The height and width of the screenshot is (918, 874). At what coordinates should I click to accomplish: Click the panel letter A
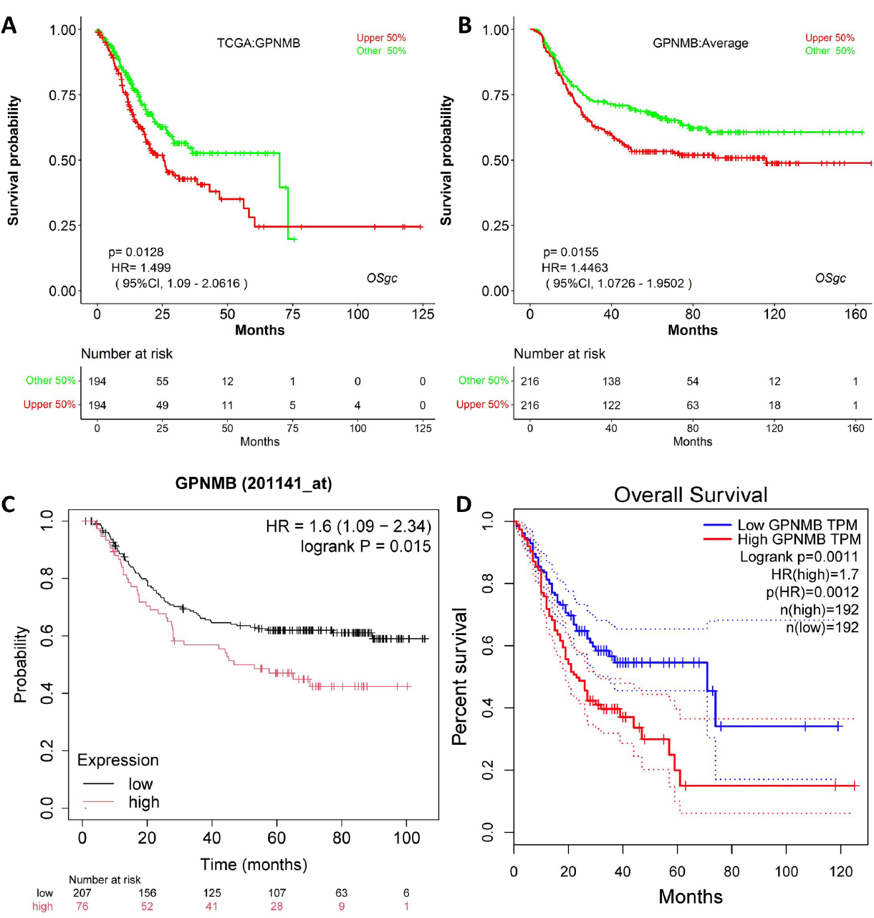click(x=9, y=25)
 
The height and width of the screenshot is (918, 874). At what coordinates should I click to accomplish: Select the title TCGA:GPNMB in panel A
click(x=259, y=43)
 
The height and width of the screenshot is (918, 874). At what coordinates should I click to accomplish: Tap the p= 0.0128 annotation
click(x=136, y=252)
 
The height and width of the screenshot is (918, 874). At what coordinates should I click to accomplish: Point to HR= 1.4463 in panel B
click(x=575, y=268)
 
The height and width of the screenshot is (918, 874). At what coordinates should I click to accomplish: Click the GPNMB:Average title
click(x=700, y=43)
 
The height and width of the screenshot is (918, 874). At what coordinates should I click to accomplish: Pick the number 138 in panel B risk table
click(x=611, y=381)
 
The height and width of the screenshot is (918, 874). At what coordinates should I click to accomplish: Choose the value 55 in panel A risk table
click(x=163, y=381)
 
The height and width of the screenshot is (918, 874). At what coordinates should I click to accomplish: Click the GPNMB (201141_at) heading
click(x=254, y=483)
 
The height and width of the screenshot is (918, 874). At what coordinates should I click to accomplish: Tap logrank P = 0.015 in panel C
click(x=365, y=546)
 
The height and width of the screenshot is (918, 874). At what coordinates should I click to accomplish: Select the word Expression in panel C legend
click(x=118, y=760)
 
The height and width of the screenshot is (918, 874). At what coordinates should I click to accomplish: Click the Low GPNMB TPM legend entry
click(x=797, y=525)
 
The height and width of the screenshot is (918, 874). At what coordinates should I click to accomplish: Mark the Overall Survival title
click(x=691, y=495)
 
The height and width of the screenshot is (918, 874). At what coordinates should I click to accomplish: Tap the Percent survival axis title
click(x=460, y=677)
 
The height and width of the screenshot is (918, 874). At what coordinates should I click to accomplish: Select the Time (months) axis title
click(x=254, y=864)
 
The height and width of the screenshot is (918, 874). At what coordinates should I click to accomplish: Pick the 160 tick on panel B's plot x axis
click(x=855, y=314)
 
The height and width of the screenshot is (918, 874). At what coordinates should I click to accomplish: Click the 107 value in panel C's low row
click(x=277, y=893)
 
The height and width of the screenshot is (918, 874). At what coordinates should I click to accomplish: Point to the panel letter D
click(x=464, y=504)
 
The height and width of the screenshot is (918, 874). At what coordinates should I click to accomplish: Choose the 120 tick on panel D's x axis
click(x=841, y=871)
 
